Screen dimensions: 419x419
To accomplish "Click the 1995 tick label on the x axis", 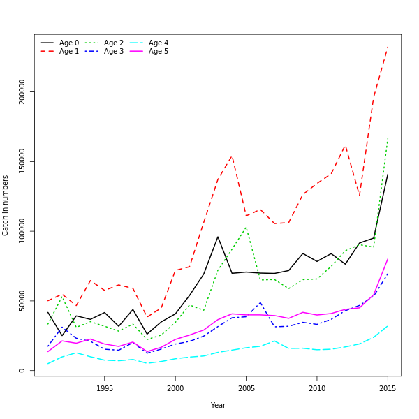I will tap(105, 388).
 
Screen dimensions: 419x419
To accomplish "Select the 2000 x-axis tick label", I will tap(175, 388).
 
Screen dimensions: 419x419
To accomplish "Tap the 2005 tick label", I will tap(246, 388).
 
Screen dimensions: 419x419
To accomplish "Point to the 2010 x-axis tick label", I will tap(317, 388).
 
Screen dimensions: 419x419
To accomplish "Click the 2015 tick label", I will tap(388, 388).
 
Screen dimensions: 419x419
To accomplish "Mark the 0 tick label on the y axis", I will tap(22, 371).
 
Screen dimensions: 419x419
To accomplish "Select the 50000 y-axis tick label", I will tap(22, 301).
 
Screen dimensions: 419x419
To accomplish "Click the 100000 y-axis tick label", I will tap(22, 231).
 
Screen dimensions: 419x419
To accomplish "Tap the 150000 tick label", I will tap(22, 161).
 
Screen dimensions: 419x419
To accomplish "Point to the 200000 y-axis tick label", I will tap(22, 91).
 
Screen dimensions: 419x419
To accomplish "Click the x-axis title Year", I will tap(218, 405).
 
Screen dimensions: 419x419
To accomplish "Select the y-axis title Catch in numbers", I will tap(6, 205).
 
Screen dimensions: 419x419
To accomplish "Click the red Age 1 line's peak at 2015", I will tap(388, 47).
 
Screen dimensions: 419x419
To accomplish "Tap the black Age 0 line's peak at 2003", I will tap(218, 237).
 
